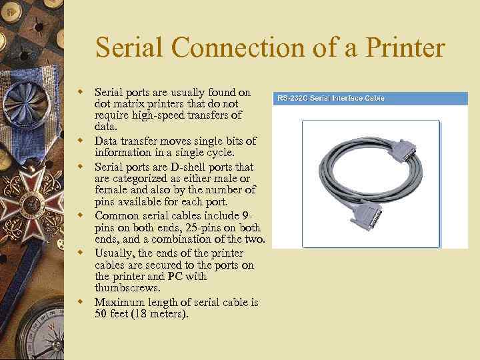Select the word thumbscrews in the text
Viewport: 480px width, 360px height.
click(x=127, y=288)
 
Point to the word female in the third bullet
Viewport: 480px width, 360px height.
click(x=111, y=191)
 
